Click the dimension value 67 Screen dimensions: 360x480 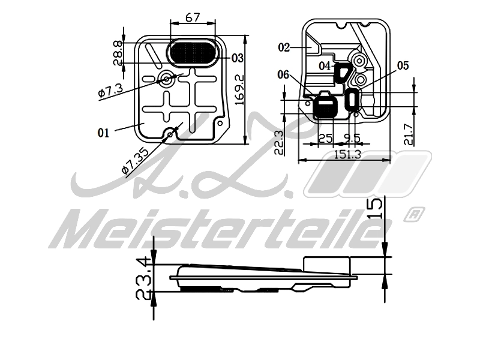click(193, 17)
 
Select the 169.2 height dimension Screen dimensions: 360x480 click(239, 91)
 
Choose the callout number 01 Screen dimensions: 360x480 click(103, 133)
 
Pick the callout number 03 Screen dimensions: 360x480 click(237, 58)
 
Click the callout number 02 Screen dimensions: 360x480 click(284, 47)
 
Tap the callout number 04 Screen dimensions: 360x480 click(325, 65)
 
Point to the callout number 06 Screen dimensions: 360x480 click(283, 74)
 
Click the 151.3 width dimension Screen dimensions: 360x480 click(348, 155)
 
